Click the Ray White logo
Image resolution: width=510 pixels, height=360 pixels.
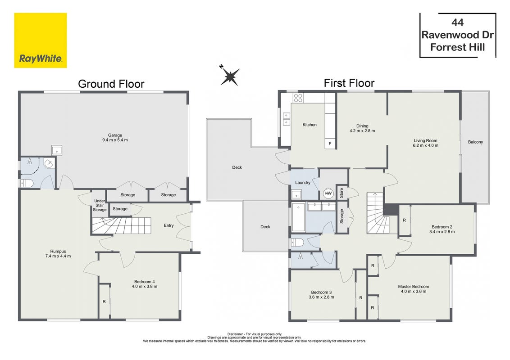pyautogui.click(x=41, y=40)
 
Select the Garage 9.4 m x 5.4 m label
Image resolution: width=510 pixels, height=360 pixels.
pyautogui.click(x=115, y=137)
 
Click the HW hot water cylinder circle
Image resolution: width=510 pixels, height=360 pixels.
pyautogui.click(x=328, y=193)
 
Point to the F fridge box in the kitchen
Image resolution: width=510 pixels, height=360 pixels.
pyautogui.click(x=330, y=144)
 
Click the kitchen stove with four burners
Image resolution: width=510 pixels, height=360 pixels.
pyautogui.click(x=298, y=98)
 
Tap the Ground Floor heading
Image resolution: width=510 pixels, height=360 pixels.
pyautogui.click(x=111, y=84)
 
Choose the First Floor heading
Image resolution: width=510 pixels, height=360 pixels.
pyautogui.click(x=349, y=83)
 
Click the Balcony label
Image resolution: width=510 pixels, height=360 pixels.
pyautogui.click(x=475, y=142)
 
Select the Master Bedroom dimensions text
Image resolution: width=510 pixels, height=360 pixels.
pyautogui.click(x=414, y=292)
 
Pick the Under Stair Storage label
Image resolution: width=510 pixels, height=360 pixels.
pyautogui.click(x=100, y=205)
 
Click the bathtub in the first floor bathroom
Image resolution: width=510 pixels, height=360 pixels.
pyautogui.click(x=298, y=217)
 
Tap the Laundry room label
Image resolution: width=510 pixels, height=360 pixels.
pyautogui.click(x=302, y=183)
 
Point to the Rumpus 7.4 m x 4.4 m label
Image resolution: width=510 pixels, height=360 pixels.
pyautogui.click(x=58, y=254)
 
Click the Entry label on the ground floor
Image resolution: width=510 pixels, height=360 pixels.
pyautogui.click(x=168, y=225)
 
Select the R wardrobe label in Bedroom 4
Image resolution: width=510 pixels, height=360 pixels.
pyautogui.click(x=104, y=301)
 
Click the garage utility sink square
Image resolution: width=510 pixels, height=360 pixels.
pyautogui.click(x=57, y=150)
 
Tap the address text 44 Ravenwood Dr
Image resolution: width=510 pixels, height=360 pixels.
pyautogui.click(x=457, y=29)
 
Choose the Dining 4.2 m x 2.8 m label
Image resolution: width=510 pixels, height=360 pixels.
pyautogui.click(x=362, y=128)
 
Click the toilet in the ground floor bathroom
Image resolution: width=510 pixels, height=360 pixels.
pyautogui.click(x=27, y=184)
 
